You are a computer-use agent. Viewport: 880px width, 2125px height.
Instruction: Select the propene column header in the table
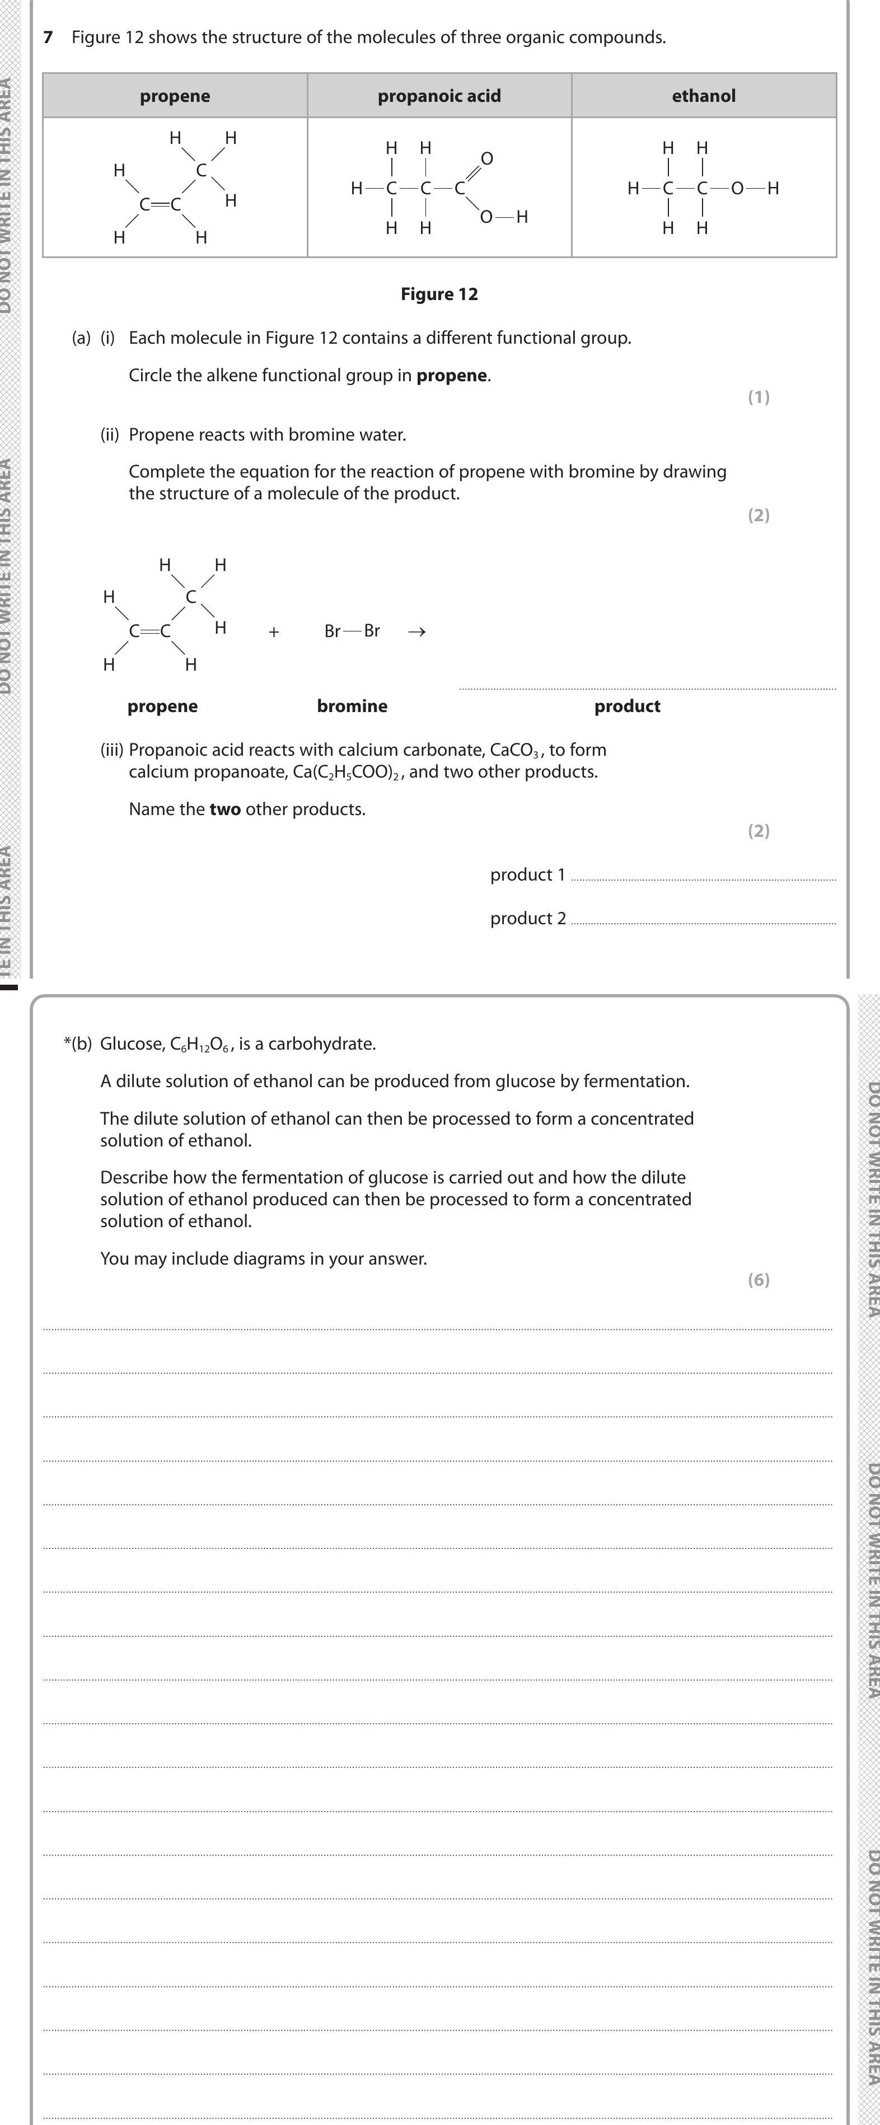[175, 96]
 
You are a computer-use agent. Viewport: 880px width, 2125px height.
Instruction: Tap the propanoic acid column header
[439, 96]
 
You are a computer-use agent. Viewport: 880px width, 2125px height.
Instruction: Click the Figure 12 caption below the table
[439, 294]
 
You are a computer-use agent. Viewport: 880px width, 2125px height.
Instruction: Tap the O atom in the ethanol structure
[737, 188]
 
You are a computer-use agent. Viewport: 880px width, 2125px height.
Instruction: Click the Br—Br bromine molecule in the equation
[352, 631]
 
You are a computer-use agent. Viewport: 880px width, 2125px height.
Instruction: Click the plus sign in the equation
[274, 632]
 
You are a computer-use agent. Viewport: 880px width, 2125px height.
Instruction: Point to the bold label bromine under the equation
[352, 706]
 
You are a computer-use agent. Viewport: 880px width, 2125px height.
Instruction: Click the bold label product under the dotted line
[627, 706]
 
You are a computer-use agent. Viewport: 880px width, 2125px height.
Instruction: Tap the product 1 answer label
[528, 874]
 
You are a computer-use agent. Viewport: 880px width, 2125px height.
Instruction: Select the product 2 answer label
[528, 918]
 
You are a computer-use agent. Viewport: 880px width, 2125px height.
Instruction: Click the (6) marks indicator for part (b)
[758, 1280]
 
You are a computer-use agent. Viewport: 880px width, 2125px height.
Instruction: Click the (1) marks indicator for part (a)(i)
[758, 397]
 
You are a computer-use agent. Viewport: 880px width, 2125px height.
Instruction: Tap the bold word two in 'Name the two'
[225, 809]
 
